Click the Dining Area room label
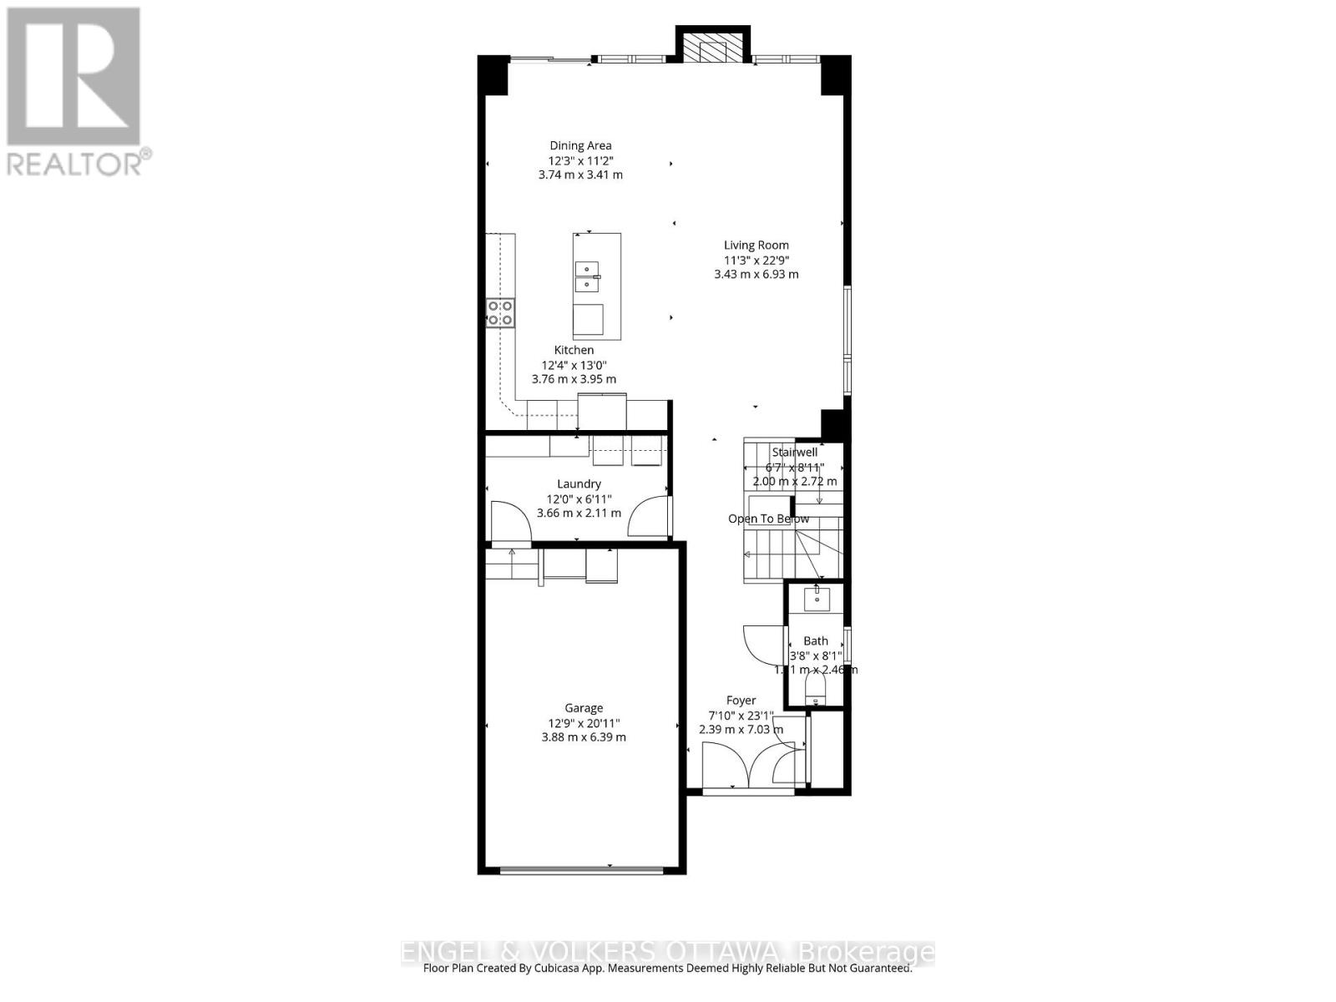580,145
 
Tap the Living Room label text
756,245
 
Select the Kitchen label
574,350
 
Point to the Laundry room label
579,483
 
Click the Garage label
583,708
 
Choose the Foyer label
741,701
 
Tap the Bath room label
816,641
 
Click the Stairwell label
794,452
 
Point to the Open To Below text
768,519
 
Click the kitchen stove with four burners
501,312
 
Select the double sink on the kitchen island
587,276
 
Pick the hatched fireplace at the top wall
713,48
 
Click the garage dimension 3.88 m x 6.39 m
583,737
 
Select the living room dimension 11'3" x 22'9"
756,260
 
